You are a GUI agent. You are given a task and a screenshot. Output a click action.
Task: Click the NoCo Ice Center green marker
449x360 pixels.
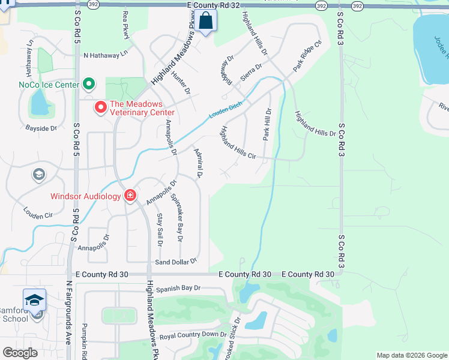point(89,84)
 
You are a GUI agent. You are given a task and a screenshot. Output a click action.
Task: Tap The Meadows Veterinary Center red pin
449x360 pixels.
point(100,107)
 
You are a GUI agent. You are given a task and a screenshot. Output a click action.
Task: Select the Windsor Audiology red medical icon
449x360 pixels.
point(130,196)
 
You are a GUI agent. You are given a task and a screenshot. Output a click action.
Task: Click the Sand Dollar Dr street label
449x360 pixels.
point(176,262)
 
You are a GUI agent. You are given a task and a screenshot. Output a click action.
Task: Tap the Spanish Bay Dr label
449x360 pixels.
point(178,289)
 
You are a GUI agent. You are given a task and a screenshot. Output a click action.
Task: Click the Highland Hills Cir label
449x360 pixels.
point(238,143)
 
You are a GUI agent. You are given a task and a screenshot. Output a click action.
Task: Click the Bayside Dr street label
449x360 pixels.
point(41,128)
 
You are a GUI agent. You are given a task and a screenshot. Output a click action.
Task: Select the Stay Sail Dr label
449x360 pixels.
point(159,230)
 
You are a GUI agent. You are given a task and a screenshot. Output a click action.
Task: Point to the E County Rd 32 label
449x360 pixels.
point(213,5)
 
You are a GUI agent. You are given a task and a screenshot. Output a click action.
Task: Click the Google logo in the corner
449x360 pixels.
point(20,353)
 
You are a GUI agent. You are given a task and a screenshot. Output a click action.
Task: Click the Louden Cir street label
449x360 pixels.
point(38,212)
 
